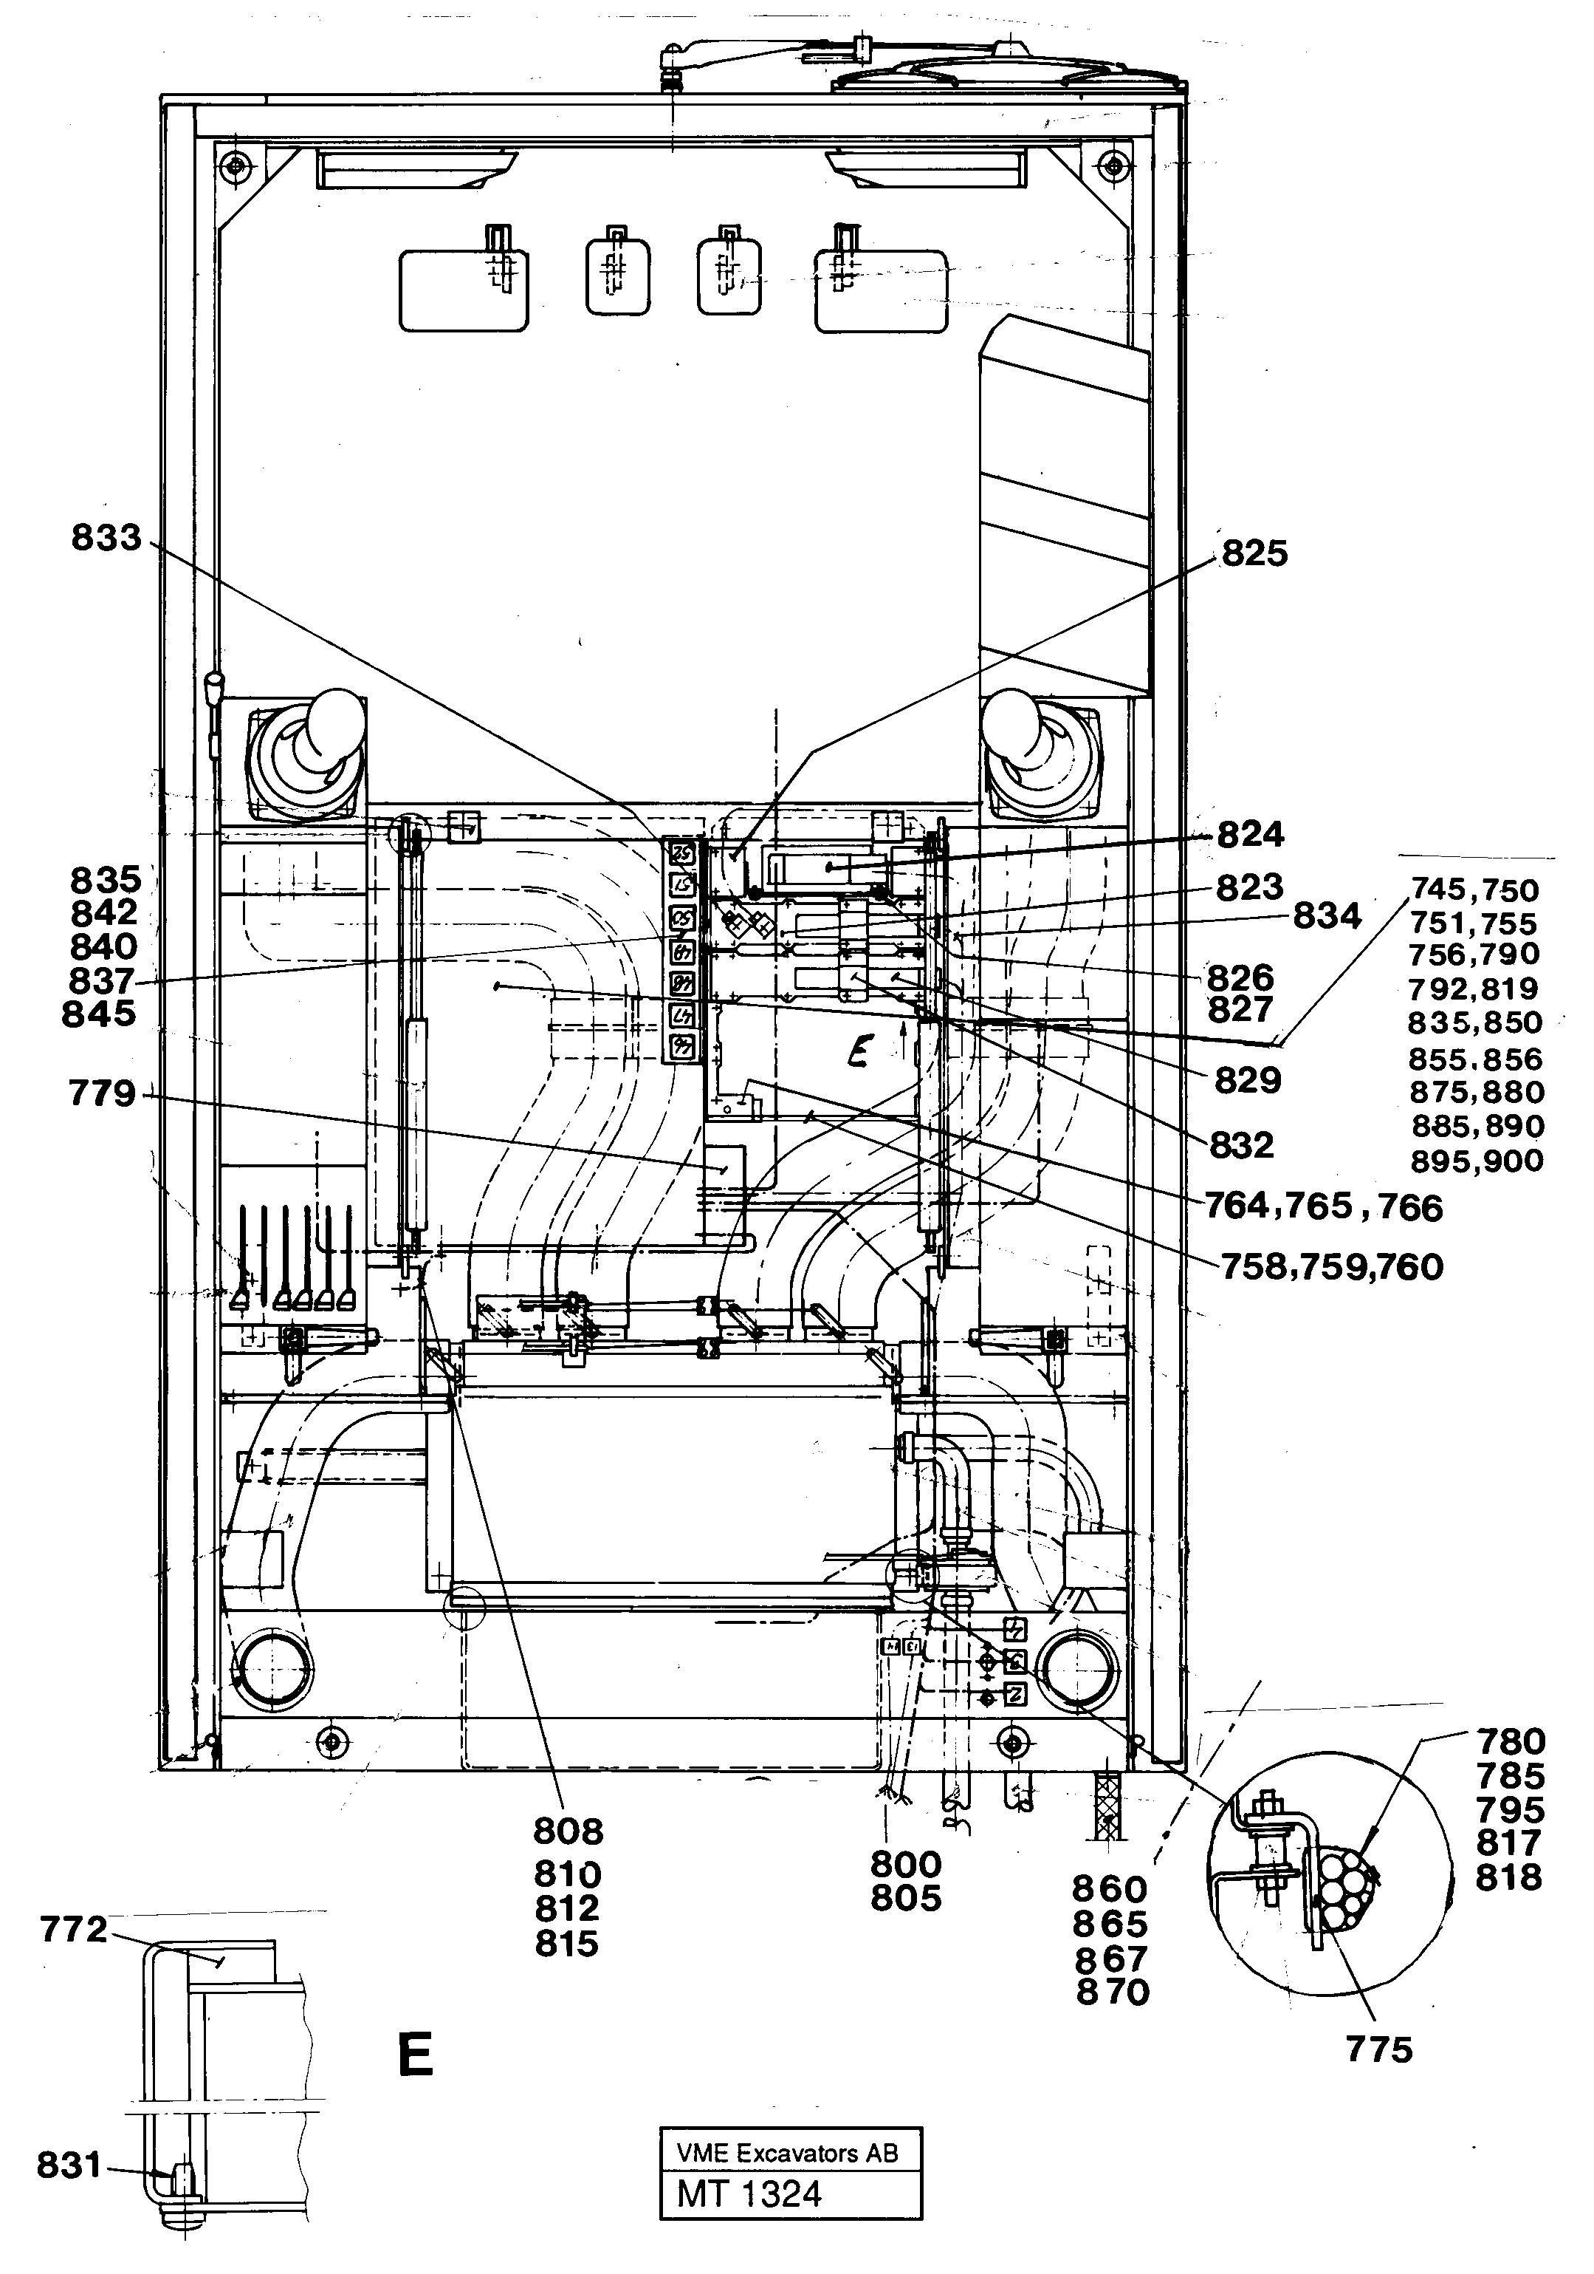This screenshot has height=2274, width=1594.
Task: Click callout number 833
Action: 106,539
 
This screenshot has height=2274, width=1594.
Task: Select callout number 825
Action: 1254,553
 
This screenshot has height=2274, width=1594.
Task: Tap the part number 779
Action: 102,1093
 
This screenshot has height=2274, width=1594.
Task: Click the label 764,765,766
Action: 1323,1206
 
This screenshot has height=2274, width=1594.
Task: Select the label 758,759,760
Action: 1332,1266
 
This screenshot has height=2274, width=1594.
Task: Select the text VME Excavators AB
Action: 787,2153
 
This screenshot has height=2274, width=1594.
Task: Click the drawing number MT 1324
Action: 749,2193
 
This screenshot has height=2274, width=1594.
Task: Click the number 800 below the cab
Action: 905,1865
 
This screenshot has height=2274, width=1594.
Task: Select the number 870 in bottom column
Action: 1113,1992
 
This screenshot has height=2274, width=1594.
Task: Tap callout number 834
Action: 1327,916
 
